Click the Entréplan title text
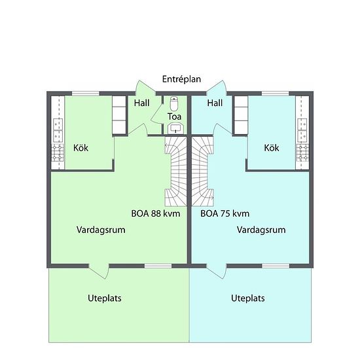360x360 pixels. click(181, 79)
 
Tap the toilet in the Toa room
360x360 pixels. click(175, 103)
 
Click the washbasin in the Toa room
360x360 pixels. click(176, 128)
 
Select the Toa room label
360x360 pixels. click(174, 117)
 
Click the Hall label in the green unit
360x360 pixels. click(141, 103)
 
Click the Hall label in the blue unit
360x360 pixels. click(215, 103)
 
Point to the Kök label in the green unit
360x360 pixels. click(81, 148)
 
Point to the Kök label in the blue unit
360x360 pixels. click(272, 148)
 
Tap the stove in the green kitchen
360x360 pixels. click(58, 153)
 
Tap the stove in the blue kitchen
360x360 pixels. click(302, 153)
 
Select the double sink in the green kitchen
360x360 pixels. click(58, 130)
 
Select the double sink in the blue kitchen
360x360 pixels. click(302, 130)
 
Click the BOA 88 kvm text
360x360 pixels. click(156, 214)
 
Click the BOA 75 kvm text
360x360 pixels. click(225, 214)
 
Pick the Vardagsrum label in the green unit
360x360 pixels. click(101, 230)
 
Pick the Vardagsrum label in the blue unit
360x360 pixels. click(261, 230)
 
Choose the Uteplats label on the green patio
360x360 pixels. click(105, 298)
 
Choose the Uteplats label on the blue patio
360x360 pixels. click(248, 298)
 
